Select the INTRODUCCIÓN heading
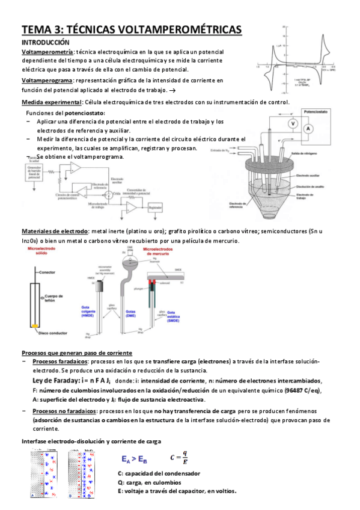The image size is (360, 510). click(46, 43)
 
